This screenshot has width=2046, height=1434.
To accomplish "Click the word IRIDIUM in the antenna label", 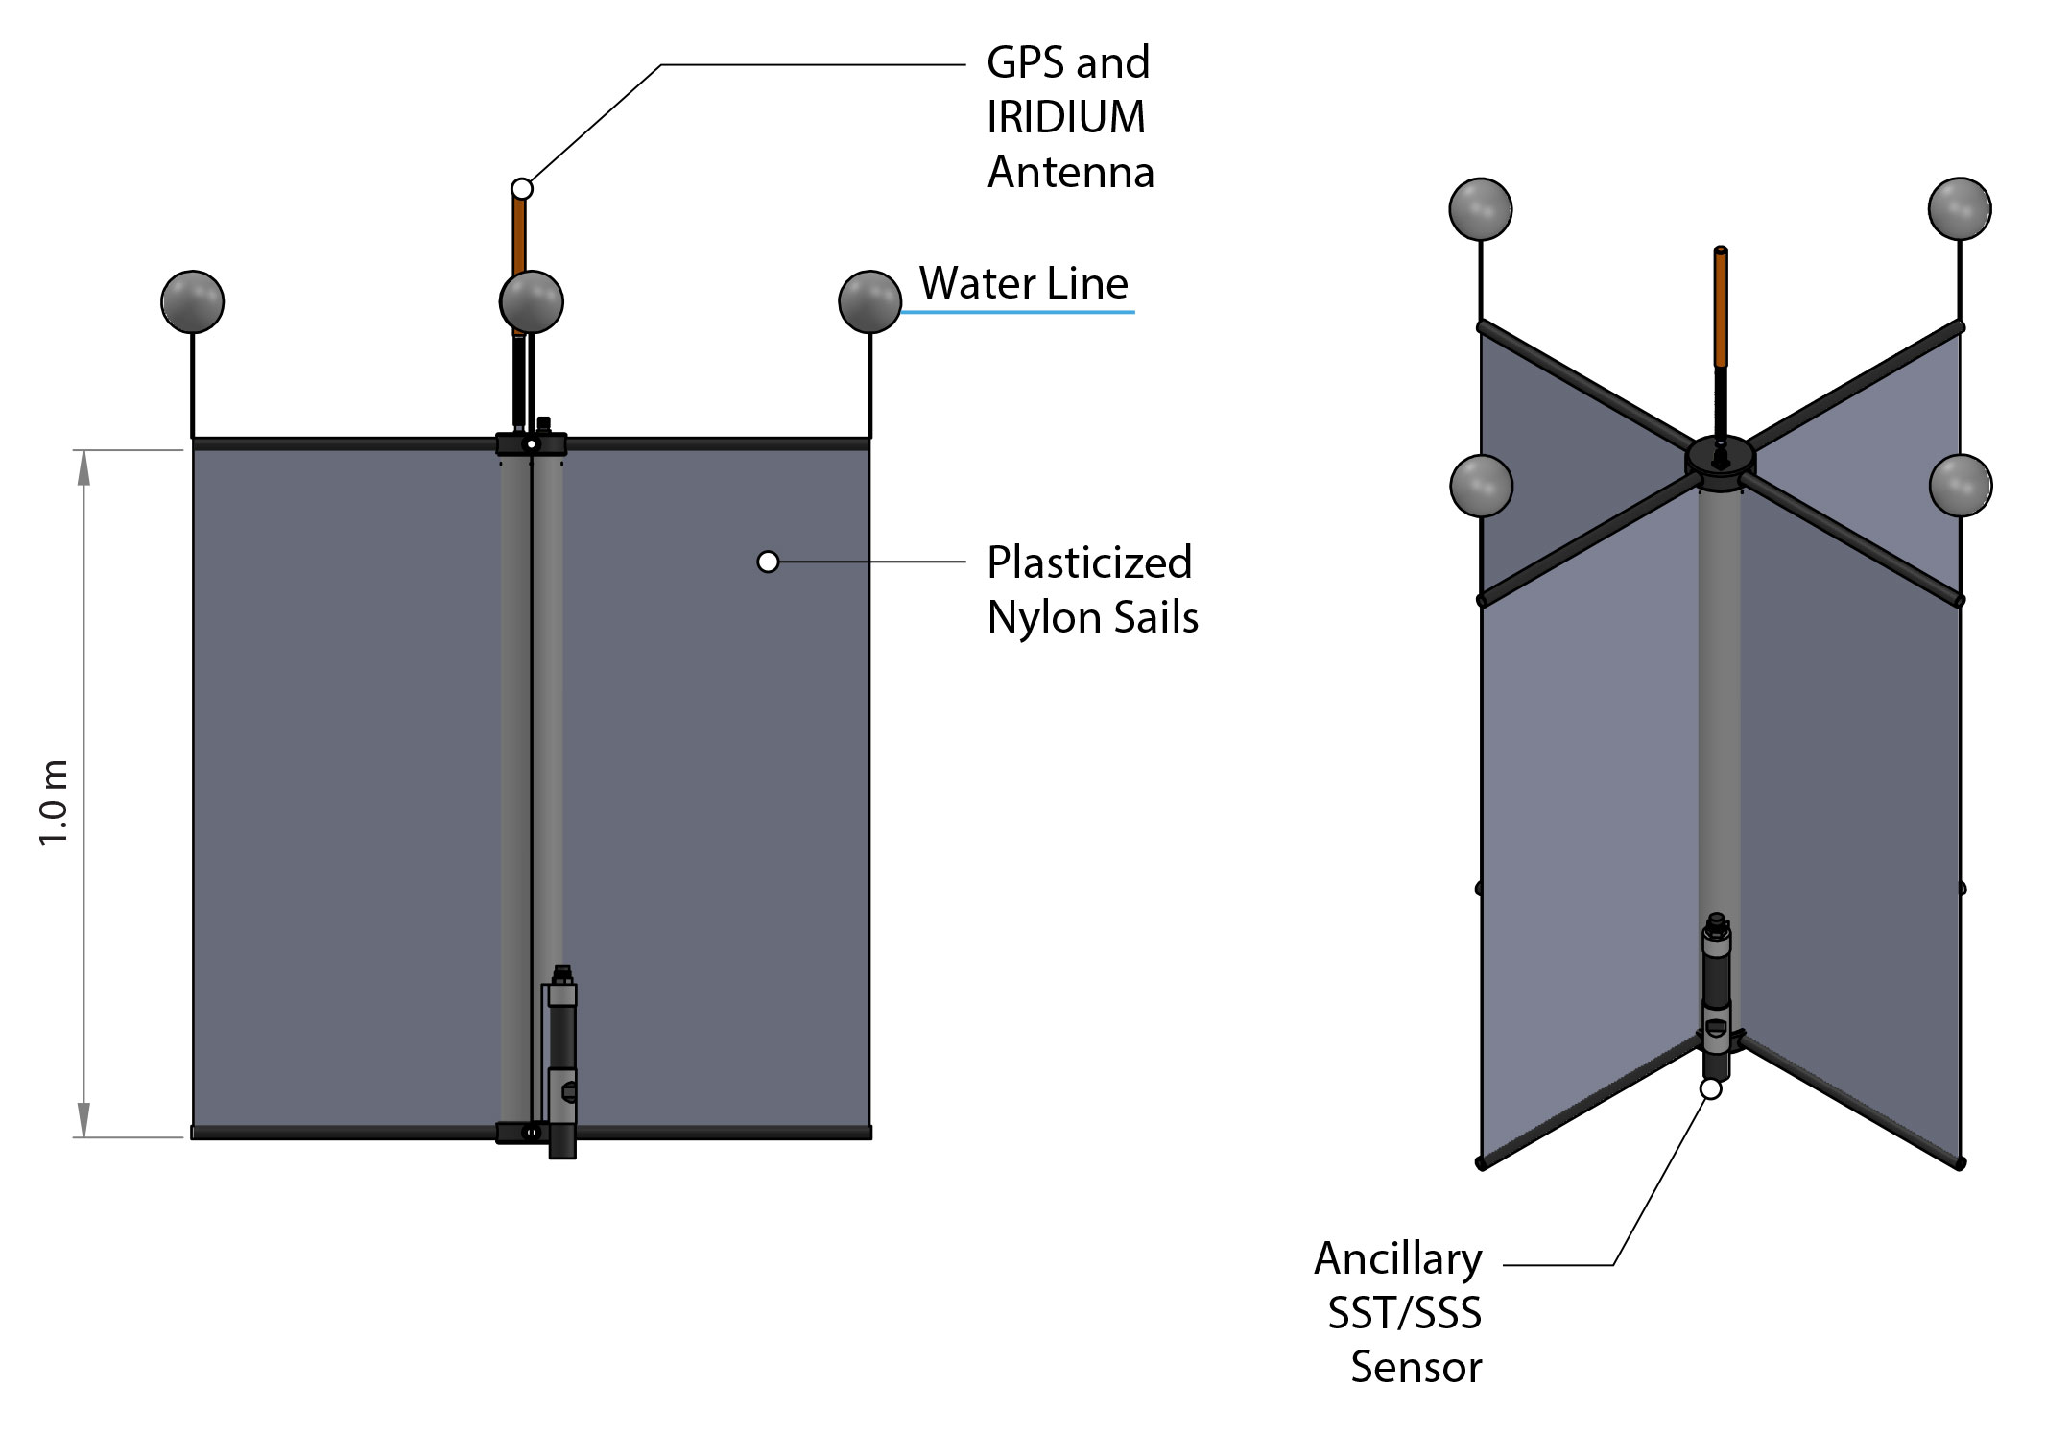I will point(1065,118).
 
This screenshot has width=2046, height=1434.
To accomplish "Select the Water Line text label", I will point(1023,284).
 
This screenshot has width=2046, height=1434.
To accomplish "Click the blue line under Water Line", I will point(1017,312).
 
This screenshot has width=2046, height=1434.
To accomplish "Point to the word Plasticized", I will point(1089,563).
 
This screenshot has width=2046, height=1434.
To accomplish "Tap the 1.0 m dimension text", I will point(54,801).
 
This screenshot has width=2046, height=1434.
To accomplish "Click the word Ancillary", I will point(1397,1259).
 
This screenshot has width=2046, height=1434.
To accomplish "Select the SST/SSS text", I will point(1404,1313).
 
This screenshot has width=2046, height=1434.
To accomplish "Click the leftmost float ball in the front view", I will point(193,301).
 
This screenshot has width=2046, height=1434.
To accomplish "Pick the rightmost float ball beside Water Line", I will point(869,301).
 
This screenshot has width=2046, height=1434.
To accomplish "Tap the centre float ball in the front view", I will point(532,301).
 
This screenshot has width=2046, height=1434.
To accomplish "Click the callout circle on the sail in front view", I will point(768,562).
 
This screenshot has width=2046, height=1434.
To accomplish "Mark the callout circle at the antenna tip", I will point(522,188).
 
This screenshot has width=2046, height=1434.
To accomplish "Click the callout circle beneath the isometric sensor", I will point(1710,1089).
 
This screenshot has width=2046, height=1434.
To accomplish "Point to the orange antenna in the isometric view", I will point(1721,307).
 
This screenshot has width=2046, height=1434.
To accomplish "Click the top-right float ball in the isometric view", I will point(1960,208).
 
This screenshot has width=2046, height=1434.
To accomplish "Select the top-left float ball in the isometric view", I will point(1481,208).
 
